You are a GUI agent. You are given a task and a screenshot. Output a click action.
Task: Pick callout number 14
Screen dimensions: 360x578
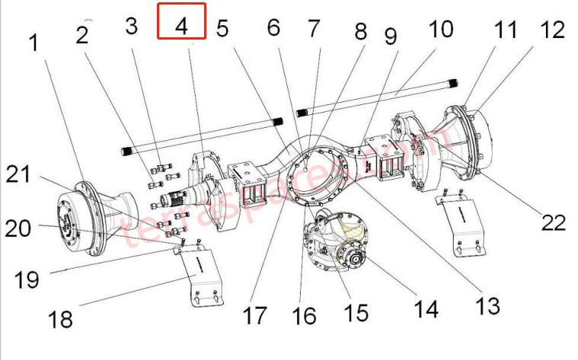point(425,308)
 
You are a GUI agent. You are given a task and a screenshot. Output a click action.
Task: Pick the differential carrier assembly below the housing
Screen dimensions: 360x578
point(335,244)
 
